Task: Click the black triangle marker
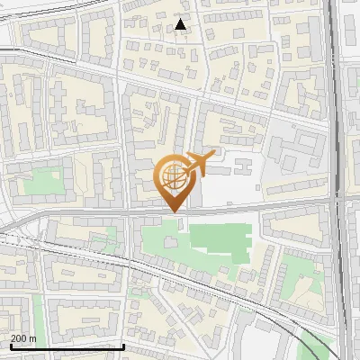(181, 25)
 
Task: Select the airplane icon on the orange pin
(199, 163)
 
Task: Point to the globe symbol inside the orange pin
(171, 177)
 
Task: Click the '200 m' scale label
(23, 338)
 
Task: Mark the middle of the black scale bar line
(67, 346)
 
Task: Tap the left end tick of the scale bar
(11, 346)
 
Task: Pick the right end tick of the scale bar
(124, 346)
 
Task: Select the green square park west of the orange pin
(41, 184)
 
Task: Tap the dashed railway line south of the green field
(216, 283)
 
